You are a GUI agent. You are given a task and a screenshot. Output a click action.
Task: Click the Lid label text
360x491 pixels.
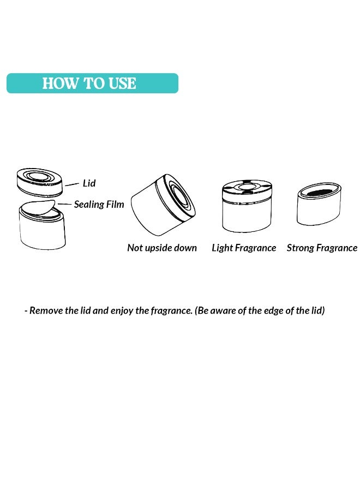pyautogui.click(x=89, y=183)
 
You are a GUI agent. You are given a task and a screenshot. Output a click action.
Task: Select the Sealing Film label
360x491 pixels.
pyautogui.click(x=99, y=204)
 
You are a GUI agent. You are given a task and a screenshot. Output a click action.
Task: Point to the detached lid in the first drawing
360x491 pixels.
pyautogui.click(x=39, y=182)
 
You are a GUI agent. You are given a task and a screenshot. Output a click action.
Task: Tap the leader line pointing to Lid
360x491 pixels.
pyautogui.click(x=72, y=184)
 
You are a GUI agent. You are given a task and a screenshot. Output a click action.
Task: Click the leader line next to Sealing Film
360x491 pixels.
pyautogui.click(x=65, y=204)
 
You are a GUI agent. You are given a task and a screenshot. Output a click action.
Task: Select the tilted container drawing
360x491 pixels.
pyautogui.click(x=163, y=205)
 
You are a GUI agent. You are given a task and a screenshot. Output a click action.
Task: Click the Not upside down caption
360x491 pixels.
pyautogui.click(x=162, y=248)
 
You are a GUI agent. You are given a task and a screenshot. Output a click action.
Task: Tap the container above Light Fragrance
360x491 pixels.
pyautogui.click(x=247, y=206)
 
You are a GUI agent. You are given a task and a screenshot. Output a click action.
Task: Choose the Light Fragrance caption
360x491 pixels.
pyautogui.click(x=244, y=248)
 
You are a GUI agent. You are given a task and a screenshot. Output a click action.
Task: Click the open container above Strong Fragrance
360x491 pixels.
pyautogui.click(x=319, y=204)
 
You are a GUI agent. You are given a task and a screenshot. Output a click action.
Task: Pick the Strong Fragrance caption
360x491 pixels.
pyautogui.click(x=322, y=248)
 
